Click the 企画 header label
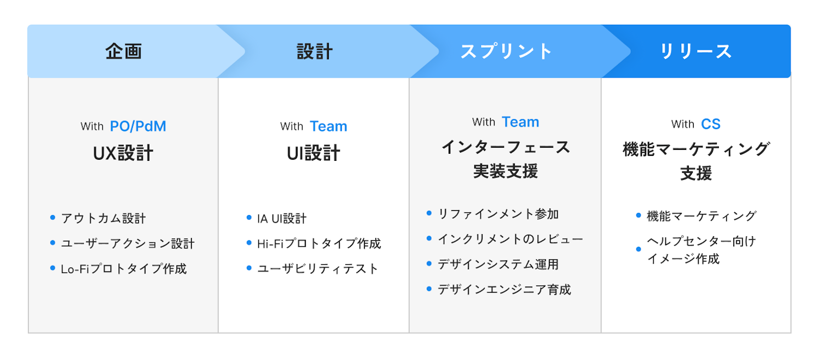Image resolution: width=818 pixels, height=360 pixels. pos(124,51)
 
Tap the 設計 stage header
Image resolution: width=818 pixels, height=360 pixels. pos(315,51)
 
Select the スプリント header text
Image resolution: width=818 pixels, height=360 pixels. pos(506,51)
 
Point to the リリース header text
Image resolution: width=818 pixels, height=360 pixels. pos(696,51)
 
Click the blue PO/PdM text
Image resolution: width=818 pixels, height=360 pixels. pos(138,126)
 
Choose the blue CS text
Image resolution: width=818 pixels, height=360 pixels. pos(711,124)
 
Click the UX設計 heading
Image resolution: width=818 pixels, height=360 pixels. pos(123,153)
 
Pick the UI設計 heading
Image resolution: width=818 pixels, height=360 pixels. pos(314,153)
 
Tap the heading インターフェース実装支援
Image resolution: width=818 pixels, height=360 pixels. pos(506,159)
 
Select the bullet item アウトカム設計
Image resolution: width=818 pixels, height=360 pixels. pos(103,218)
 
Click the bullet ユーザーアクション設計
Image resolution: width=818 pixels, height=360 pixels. pos(128,243)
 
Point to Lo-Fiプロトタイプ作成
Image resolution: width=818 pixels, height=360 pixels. pos(124,269)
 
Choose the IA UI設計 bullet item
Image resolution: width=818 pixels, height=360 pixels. pos(282,218)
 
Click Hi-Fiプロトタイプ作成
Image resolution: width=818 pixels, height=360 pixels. pos(319,243)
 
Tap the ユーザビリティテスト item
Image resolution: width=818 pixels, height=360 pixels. pos(318,269)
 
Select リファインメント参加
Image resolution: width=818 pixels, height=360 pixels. pos(498,214)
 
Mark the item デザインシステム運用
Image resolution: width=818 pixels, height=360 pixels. pos(498,264)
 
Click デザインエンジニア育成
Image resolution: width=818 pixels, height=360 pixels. pos(504,289)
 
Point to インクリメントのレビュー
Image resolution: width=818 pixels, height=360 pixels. pos(510,239)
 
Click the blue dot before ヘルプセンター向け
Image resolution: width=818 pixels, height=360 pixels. pos(639,249)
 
